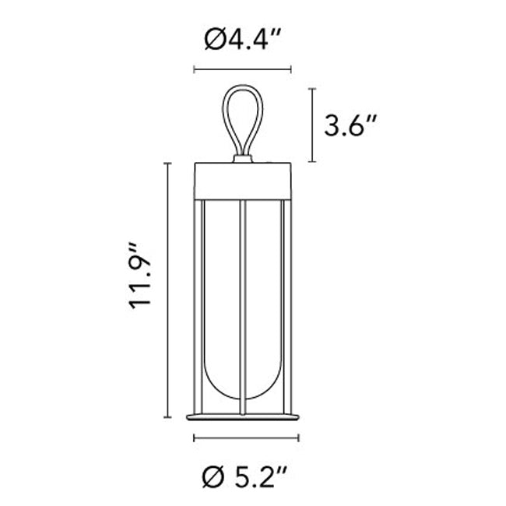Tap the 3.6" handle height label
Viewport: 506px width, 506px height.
[352, 126]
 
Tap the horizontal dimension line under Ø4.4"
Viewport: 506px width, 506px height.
[242, 70]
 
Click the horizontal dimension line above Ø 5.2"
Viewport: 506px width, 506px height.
[243, 438]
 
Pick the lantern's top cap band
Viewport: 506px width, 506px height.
[243, 181]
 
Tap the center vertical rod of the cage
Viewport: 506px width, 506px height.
[243, 304]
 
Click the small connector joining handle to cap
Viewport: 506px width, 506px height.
[243, 160]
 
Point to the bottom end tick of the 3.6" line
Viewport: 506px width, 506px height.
[311, 162]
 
